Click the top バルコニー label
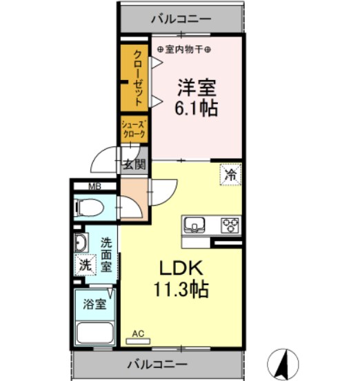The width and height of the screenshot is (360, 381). [x=181, y=19]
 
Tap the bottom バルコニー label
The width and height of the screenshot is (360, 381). [x=157, y=364]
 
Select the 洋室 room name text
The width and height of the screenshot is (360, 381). [x=197, y=88]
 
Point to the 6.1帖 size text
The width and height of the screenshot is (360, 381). [x=196, y=108]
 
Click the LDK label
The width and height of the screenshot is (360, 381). [x=181, y=268]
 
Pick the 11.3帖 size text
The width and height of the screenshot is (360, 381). [x=181, y=289]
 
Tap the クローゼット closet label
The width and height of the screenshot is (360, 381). [x=138, y=78]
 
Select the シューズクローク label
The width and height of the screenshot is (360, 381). [x=134, y=130]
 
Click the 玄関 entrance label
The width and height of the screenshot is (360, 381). [x=134, y=165]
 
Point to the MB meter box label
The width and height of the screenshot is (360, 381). [x=94, y=186]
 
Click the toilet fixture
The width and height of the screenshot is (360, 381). [x=89, y=208]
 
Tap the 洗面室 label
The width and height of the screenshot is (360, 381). [x=106, y=255]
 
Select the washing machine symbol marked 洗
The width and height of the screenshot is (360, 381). [x=86, y=264]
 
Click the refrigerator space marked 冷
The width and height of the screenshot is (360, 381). [x=230, y=175]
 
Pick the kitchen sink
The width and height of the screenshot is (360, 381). [x=194, y=225]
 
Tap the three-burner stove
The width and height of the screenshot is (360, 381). [x=230, y=225]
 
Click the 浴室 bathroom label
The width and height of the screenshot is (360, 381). [x=94, y=304]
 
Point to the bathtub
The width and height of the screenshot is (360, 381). [x=95, y=333]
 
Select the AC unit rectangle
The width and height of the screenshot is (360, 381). [x=138, y=341]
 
